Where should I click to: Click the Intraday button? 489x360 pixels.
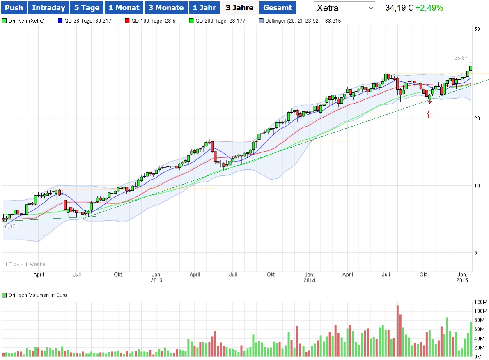(48, 8)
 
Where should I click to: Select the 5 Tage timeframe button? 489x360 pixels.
(87, 8)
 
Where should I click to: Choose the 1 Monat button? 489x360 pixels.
(124, 8)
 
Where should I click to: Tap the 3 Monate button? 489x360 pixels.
(166, 8)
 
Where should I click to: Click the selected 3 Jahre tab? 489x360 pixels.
(239, 8)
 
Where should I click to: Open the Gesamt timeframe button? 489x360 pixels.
(278, 8)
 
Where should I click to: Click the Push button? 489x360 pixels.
(14, 8)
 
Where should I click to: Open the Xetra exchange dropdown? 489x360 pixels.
(344, 8)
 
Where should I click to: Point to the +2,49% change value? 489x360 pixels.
(429, 8)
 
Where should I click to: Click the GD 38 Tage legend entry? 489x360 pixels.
(82, 21)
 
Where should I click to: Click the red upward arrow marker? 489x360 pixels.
(429, 114)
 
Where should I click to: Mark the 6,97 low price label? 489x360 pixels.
(10, 226)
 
